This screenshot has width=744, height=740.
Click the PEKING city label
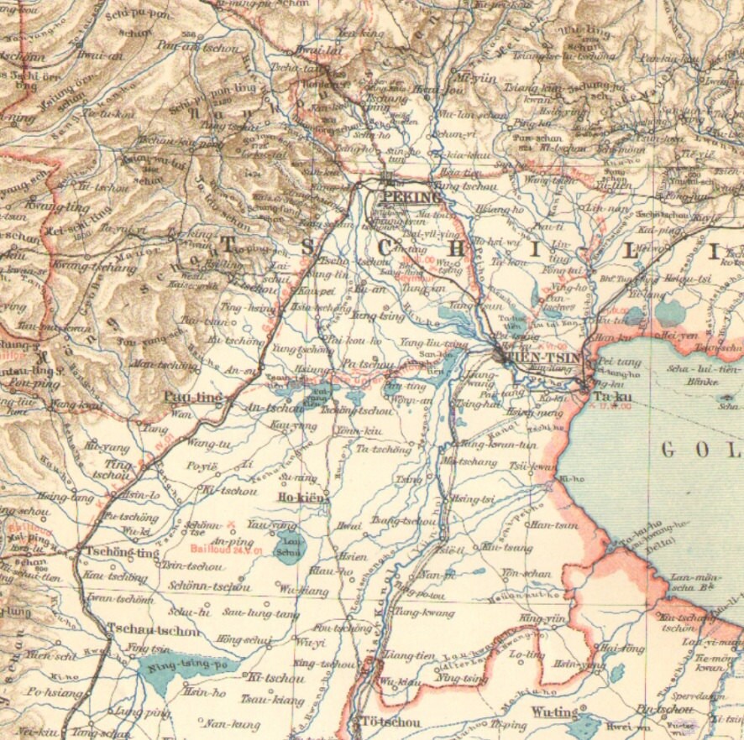point(411,197)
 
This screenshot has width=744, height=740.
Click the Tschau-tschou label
point(153,631)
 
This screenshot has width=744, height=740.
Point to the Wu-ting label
point(554,712)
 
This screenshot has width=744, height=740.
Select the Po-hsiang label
point(54,693)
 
